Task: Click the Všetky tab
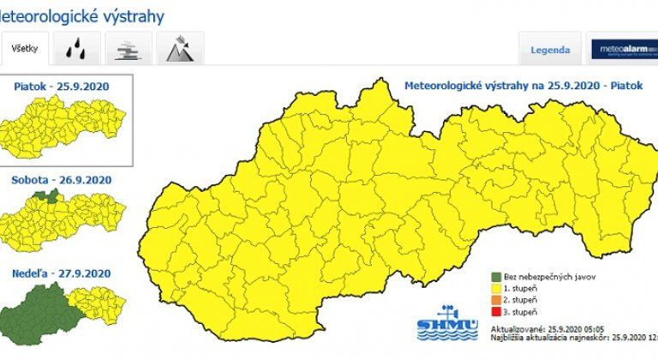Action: click(x=25, y=49)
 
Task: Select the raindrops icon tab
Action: click(x=76, y=49)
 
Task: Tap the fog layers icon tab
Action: click(x=129, y=49)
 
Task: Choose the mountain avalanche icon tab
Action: click(x=180, y=49)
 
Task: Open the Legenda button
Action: click(x=550, y=50)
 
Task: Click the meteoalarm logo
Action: click(x=623, y=50)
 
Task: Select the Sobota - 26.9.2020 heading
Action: click(x=62, y=180)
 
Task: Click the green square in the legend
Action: click(x=496, y=277)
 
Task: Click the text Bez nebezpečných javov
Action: click(x=549, y=277)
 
